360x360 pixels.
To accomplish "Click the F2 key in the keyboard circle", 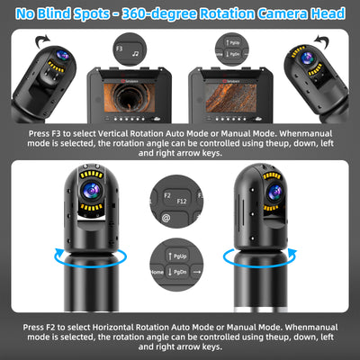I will coord(167,193).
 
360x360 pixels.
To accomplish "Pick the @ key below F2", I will coord(166,217).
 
